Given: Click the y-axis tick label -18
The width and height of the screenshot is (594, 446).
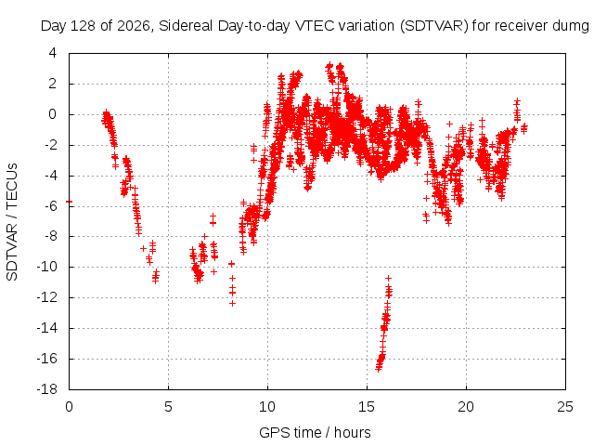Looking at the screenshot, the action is point(46,389).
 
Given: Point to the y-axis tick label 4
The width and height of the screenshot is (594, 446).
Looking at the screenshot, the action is point(52,53).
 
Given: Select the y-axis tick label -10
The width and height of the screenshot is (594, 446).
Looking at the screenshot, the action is point(46,267).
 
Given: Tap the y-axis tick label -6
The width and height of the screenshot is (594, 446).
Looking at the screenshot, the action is point(49,206).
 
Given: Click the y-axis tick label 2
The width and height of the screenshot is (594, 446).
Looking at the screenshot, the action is point(52,84).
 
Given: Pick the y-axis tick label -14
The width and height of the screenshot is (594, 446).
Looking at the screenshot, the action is point(46,328).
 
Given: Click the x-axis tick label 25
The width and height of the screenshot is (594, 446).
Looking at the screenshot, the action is point(565,407).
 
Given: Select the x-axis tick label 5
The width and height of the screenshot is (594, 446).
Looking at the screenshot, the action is point(168,407).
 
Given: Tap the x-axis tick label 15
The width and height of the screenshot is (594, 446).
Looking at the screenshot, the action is point(367,407).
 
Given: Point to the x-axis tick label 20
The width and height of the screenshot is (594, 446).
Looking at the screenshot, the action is point(466,407).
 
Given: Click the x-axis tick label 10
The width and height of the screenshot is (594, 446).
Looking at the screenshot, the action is point(267,407).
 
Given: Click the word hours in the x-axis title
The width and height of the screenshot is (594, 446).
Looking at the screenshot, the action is point(353,433).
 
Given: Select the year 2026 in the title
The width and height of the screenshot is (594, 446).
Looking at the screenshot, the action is point(134,26).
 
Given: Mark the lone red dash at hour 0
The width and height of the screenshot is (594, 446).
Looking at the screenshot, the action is point(69,202).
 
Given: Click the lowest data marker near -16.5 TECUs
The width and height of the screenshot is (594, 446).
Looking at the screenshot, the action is point(378,368).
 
